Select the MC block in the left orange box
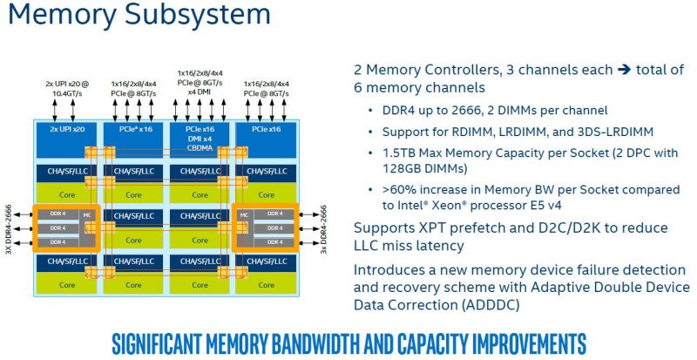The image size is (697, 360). click(86, 214)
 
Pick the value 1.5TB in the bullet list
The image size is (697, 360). click(401, 152)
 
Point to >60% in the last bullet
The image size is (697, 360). click(398, 189)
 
